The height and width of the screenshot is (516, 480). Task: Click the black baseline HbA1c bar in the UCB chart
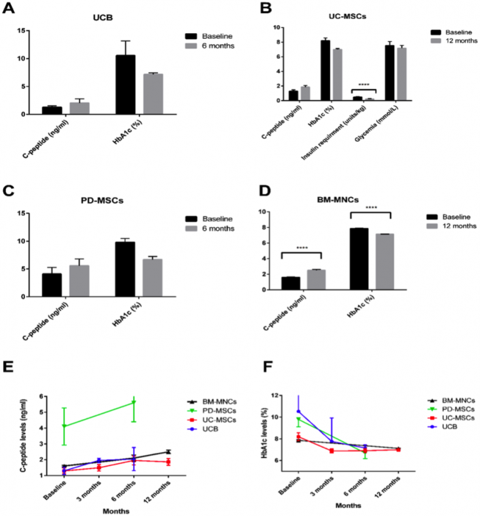[x=126, y=84]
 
